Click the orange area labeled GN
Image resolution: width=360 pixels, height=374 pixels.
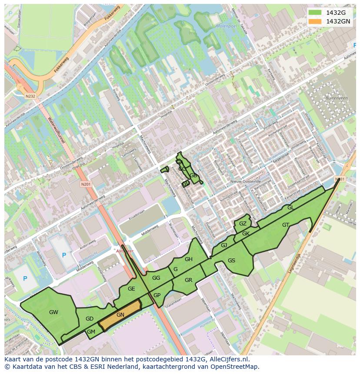coord(120,314)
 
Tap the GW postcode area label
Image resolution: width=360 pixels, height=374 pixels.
coord(53,312)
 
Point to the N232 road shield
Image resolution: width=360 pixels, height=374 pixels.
coord(30,96)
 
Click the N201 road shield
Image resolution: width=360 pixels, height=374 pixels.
coord(86,184)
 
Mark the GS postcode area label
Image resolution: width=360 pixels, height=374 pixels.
coord(231,261)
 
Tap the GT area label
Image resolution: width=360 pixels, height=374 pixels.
coord(286,225)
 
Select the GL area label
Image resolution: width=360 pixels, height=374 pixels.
coord(290,208)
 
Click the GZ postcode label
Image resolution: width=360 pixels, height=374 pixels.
coord(243,224)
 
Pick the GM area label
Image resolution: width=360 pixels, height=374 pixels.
coord(91,332)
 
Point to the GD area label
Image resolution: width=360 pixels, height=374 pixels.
coord(90,319)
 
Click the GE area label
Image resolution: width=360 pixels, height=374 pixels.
coord(131,289)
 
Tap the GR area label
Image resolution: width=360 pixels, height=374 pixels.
coord(188,280)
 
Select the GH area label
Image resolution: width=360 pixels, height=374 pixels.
coord(188,259)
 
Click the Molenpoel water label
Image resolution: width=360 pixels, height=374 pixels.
coord(227,26)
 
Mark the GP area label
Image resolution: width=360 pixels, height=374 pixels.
coord(157,295)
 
